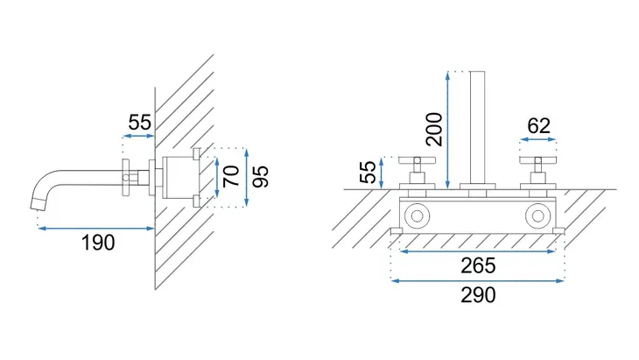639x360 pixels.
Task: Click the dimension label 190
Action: click(98, 243)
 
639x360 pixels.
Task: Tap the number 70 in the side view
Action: click(232, 176)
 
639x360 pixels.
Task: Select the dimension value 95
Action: click(260, 176)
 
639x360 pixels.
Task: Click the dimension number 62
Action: click(538, 126)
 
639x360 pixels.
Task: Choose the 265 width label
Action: click(479, 265)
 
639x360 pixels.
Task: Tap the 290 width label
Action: click(479, 295)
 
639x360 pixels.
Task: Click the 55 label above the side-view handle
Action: click(140, 122)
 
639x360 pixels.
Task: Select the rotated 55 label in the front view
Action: click(368, 172)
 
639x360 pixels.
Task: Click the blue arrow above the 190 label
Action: click(96, 229)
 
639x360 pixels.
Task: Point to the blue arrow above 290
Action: click(478, 280)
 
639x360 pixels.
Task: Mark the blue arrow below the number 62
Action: click(538, 139)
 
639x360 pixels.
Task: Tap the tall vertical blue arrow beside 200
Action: click(448, 130)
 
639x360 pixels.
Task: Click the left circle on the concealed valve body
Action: click(417, 215)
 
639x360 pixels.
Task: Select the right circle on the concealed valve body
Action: click(538, 215)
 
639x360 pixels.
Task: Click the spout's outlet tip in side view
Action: click(36, 204)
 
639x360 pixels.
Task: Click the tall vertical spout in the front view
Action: click(477, 128)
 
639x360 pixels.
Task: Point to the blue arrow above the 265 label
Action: click(478, 251)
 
